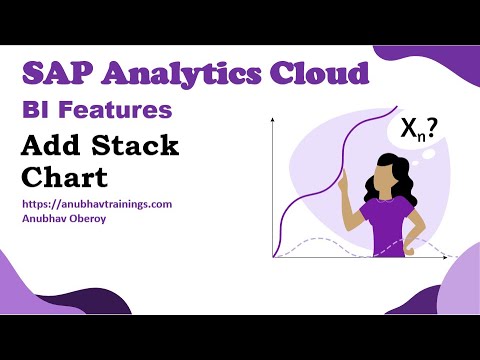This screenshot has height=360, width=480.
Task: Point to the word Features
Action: click(121, 111)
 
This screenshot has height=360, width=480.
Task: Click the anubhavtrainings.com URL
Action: click(96, 203)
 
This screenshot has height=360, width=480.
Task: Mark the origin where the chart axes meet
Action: click(273, 258)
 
